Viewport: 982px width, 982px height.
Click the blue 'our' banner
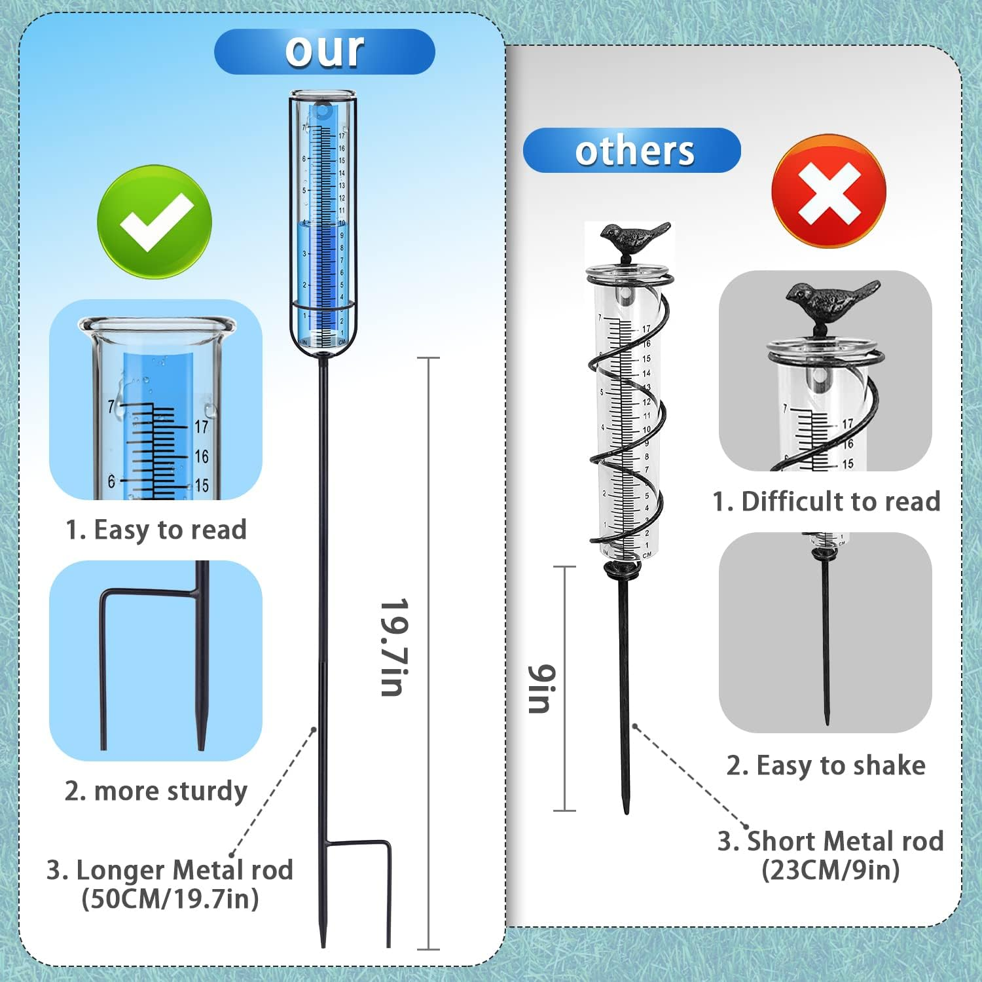point(324,51)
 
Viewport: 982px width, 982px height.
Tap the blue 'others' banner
point(632,151)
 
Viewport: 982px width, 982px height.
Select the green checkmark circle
point(155,222)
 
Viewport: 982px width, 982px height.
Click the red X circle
point(829,191)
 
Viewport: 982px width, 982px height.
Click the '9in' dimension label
point(543,688)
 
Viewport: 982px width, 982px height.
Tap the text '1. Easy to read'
point(156,530)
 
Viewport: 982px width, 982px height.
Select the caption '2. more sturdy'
point(156,791)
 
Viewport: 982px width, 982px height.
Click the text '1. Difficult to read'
point(826,501)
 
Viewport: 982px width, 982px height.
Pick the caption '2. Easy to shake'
point(826,765)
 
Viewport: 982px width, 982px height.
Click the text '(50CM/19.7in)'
point(170,899)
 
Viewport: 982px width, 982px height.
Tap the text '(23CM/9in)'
point(830,870)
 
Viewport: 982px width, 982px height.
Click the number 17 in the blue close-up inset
point(202,427)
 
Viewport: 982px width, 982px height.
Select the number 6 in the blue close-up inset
point(111,482)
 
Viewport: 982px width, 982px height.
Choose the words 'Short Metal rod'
point(845,841)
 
